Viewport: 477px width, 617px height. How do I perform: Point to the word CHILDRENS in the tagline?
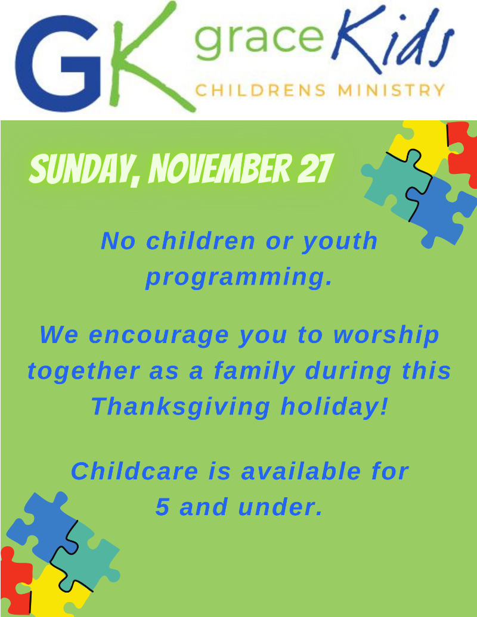pyautogui.click(x=261, y=91)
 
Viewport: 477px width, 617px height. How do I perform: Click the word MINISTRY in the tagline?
pyautogui.click(x=392, y=91)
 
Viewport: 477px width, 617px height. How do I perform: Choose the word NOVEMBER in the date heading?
pyautogui.click(x=220, y=169)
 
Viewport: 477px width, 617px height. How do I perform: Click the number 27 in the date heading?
pyautogui.click(x=315, y=168)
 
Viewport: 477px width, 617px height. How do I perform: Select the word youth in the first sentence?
pyautogui.click(x=340, y=241)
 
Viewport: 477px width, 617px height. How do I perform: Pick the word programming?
pyautogui.click(x=238, y=278)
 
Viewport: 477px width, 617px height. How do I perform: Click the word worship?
pyautogui.click(x=386, y=336)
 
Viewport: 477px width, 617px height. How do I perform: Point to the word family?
pyautogui.click(x=255, y=372)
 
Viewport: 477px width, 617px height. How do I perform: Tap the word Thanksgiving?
pyautogui.click(x=181, y=407)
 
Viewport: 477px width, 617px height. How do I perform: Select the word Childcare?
pyautogui.click(x=134, y=471)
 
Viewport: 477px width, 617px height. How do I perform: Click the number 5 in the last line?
pyautogui.click(x=162, y=507)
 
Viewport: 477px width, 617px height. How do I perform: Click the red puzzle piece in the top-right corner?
pyautogui.click(x=463, y=151)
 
